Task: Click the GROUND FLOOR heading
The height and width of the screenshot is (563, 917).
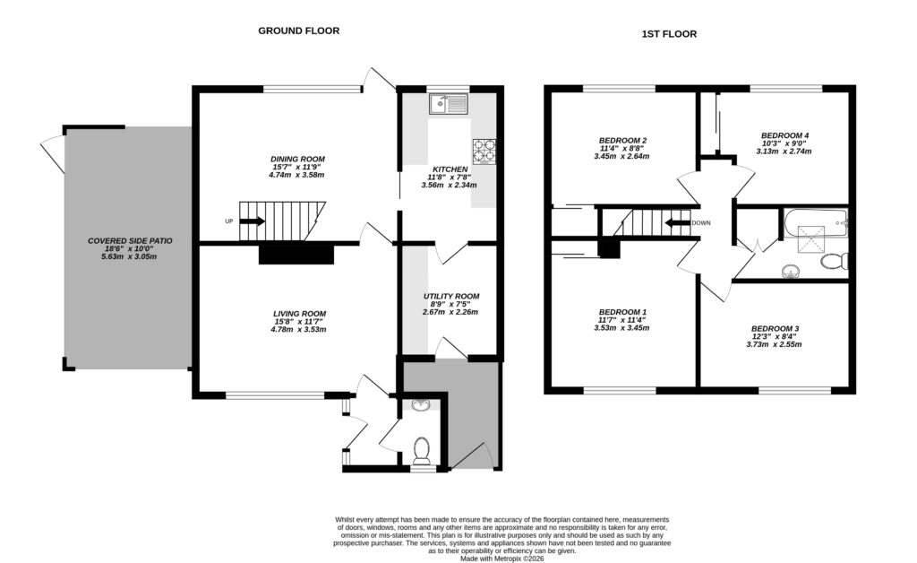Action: (x=298, y=30)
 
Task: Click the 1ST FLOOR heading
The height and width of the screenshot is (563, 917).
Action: (x=668, y=34)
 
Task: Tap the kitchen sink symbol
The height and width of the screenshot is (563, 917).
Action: (x=448, y=106)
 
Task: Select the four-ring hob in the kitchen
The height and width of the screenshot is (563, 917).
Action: (x=484, y=152)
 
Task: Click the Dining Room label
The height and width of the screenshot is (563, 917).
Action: (x=298, y=158)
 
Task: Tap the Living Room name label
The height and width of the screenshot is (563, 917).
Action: (x=300, y=314)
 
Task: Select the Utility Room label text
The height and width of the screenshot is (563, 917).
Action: (x=451, y=296)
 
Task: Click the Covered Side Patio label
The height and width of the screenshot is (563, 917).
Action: (x=130, y=241)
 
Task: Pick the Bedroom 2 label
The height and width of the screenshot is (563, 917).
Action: (x=621, y=141)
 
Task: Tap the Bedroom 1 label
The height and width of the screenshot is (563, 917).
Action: (x=621, y=311)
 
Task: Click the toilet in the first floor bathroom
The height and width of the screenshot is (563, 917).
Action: (x=835, y=262)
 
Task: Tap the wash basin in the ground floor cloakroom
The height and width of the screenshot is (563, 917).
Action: (x=421, y=406)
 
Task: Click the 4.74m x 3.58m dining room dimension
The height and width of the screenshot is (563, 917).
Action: (x=298, y=176)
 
